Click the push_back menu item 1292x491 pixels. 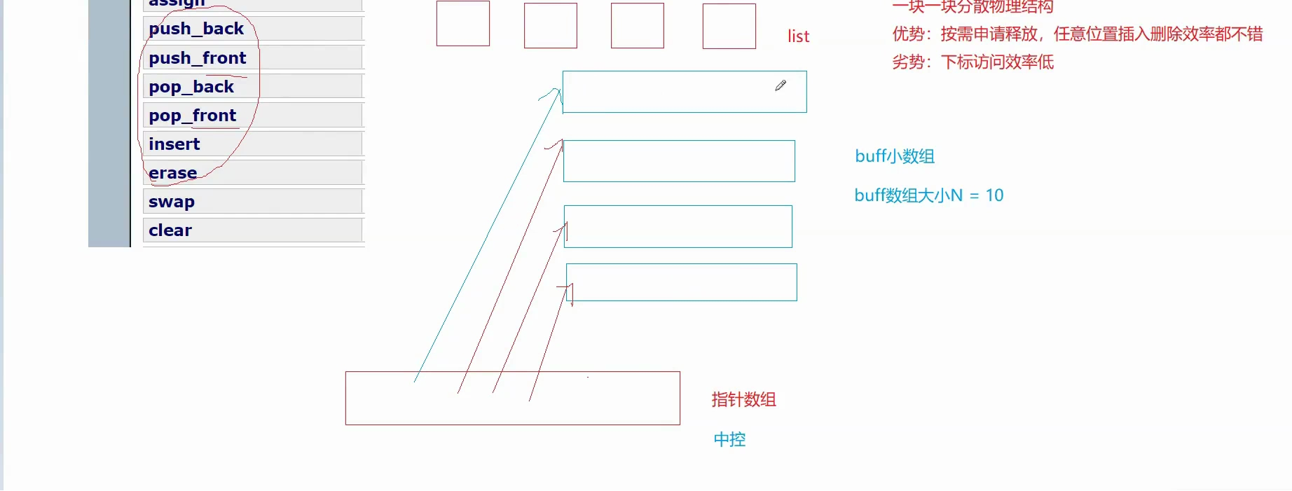point(196,29)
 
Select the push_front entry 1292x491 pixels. point(198,58)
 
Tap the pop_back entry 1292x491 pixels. point(191,87)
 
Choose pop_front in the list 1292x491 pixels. point(193,116)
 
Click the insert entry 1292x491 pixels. point(174,144)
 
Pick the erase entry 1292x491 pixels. point(173,173)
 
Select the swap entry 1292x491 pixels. point(172,202)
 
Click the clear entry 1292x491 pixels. point(170,230)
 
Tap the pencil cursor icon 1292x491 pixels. point(781,85)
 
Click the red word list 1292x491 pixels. point(798,36)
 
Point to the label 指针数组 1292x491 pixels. point(743,400)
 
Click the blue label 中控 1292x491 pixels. point(729,440)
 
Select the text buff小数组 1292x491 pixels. point(895,156)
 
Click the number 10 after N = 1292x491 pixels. point(994,195)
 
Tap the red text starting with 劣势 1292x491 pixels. point(973,62)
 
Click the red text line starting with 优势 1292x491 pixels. point(1077,34)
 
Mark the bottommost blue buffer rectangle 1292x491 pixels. point(681,282)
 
